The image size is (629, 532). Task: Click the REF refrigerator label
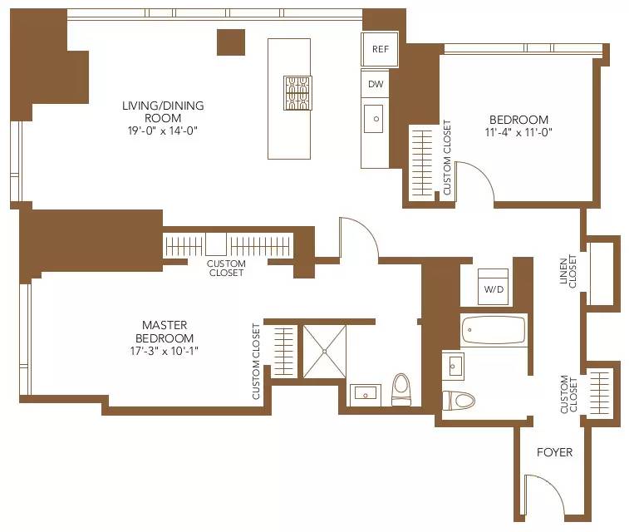381,49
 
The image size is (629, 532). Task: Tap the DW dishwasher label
376,84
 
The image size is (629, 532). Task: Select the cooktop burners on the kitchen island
297,92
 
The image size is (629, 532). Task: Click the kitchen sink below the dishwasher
376,119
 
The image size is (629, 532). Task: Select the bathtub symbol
494,330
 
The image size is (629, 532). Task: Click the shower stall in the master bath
324,352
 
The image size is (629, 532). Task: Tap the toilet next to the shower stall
401,390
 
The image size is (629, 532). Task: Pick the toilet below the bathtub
459,400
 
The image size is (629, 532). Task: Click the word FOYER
554,452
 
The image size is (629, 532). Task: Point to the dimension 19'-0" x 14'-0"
163,131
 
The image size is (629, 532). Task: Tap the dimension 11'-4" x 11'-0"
518,131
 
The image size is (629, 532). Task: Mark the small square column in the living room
231,42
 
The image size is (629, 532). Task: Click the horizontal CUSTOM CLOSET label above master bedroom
226,268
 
